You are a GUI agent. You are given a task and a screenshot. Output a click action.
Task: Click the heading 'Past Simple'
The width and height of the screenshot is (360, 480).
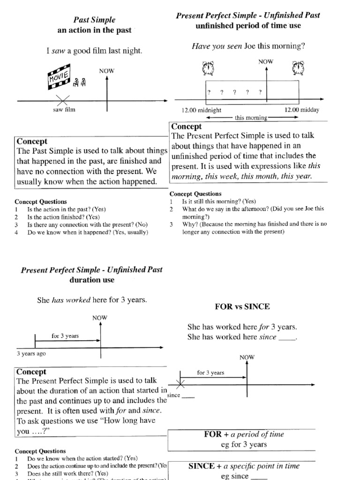[94, 20]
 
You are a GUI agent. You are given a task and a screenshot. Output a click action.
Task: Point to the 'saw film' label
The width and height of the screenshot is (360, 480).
[64, 110]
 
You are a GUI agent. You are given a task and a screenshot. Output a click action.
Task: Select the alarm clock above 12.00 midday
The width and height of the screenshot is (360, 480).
[297, 69]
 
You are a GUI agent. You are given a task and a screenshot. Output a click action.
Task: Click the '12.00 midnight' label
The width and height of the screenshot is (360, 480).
[202, 110]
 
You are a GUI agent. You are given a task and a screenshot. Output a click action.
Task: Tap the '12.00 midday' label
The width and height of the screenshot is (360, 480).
[301, 110]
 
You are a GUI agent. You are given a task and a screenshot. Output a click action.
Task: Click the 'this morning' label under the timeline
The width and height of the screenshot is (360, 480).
[251, 118]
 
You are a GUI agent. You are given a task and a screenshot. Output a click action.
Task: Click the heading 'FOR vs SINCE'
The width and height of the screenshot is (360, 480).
[242, 307]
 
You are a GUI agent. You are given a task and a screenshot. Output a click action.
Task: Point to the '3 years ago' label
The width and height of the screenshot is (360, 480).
[31, 354]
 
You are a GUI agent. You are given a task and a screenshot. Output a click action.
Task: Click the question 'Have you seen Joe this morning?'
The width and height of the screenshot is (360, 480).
[248, 46]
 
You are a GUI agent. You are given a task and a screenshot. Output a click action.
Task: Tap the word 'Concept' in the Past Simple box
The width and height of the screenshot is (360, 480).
[32, 141]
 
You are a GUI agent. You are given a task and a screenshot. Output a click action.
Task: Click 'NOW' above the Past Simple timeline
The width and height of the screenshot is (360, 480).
[107, 71]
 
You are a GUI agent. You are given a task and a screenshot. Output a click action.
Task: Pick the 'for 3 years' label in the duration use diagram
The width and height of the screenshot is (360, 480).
[65, 336]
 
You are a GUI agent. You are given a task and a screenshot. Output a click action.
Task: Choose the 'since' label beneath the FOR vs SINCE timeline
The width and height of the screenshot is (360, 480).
[174, 395]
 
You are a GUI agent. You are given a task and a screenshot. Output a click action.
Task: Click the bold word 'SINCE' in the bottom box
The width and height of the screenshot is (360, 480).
[204, 466]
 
